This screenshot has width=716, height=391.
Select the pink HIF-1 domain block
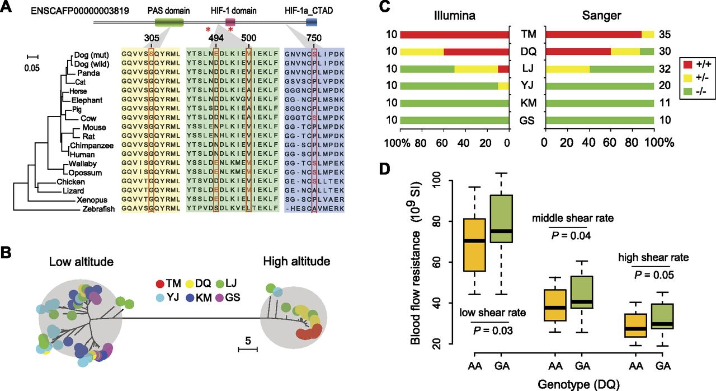pyautogui.click(x=230, y=22)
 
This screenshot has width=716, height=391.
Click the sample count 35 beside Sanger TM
pyautogui.click(x=664, y=35)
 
